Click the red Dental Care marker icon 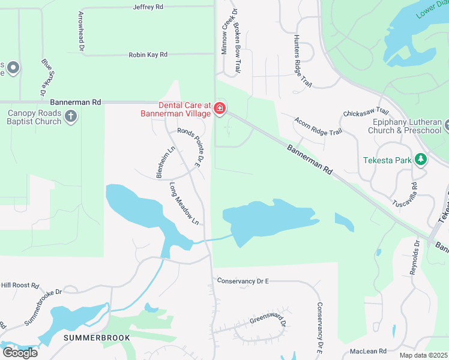220,109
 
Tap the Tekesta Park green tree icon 421,160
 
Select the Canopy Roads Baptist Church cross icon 71,116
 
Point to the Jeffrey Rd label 148,7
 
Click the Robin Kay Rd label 148,55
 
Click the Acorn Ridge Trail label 318,126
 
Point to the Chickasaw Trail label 366,113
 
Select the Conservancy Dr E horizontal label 243,280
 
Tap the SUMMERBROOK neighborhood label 97,338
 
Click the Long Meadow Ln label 184,203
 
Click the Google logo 20,352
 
